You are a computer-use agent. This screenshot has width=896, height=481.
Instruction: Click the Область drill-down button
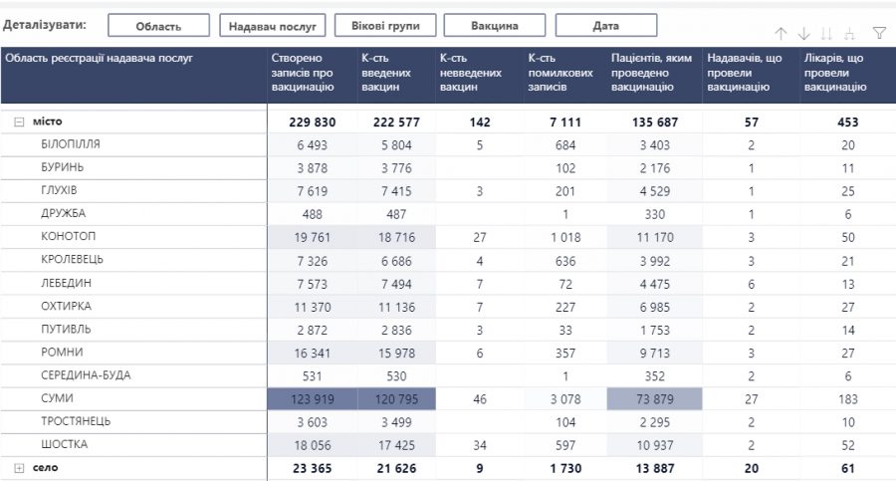tap(158, 26)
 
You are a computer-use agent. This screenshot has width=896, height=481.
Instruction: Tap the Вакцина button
tap(494, 26)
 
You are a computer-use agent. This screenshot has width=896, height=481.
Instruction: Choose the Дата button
tap(605, 26)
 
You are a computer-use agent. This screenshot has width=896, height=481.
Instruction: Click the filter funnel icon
tap(878, 33)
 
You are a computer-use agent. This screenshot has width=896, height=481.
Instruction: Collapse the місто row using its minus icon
tap(19, 121)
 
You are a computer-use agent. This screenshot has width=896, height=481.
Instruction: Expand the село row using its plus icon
tap(19, 467)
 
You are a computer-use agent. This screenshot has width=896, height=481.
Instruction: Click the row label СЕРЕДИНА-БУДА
tap(86, 375)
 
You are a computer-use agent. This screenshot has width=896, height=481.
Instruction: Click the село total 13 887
tap(653, 467)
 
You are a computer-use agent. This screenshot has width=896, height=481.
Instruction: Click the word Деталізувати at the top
tap(45, 23)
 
